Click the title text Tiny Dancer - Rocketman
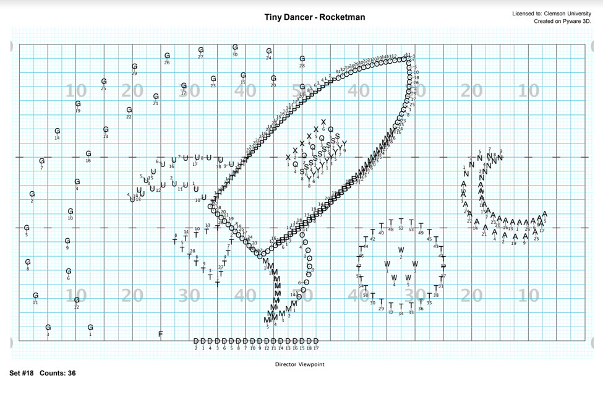314,17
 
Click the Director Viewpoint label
299,364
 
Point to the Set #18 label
22,374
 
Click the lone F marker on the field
161,334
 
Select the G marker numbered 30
235,48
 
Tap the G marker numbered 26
167,56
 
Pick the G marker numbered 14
58,131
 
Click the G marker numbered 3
48,328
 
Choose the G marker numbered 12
77,301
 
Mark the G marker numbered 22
129,110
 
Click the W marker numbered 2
401,251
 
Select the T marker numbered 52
401,221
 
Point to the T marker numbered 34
401,306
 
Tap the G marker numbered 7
41,161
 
